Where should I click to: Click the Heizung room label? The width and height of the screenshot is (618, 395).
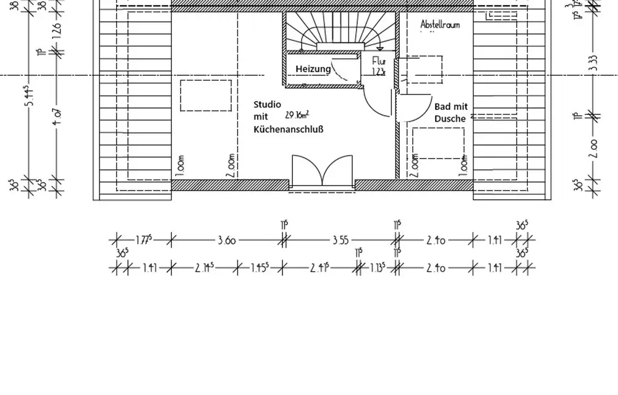[313, 69]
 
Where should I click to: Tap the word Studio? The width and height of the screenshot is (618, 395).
[267, 104]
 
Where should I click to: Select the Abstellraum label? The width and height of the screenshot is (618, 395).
[441, 25]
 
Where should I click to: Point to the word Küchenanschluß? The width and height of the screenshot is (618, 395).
[289, 130]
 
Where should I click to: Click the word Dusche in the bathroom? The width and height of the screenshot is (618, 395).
[451, 118]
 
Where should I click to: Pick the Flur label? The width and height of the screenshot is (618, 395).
[379, 62]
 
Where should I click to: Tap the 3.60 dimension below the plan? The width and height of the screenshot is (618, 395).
[226, 240]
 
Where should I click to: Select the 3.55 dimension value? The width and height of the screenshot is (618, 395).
[341, 240]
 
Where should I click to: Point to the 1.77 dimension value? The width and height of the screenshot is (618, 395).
[143, 239]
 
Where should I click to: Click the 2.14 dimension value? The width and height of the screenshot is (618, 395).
[205, 268]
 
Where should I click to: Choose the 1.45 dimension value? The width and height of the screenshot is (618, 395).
[260, 268]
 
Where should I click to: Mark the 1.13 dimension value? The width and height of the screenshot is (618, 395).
[378, 268]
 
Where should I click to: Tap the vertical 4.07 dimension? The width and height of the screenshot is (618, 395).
[56, 115]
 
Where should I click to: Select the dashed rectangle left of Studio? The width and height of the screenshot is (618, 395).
[205, 95]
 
